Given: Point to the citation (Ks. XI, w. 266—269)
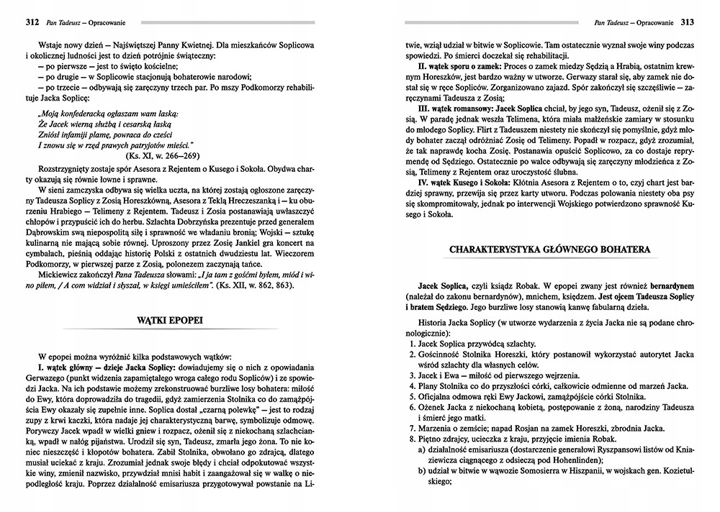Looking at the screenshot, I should point(158,155).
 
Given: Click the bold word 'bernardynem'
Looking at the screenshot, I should point(666,286).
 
